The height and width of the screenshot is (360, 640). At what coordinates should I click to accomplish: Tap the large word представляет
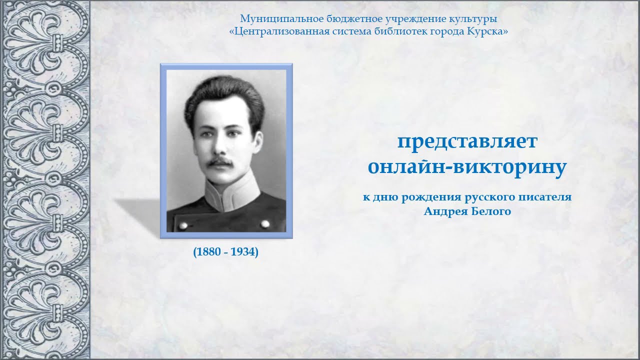pos(467,141)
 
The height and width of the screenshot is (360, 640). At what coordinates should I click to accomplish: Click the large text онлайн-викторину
pos(467,167)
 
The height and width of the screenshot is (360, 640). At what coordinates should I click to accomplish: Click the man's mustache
pos(220,162)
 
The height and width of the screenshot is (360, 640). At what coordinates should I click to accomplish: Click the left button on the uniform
pos(182,225)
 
